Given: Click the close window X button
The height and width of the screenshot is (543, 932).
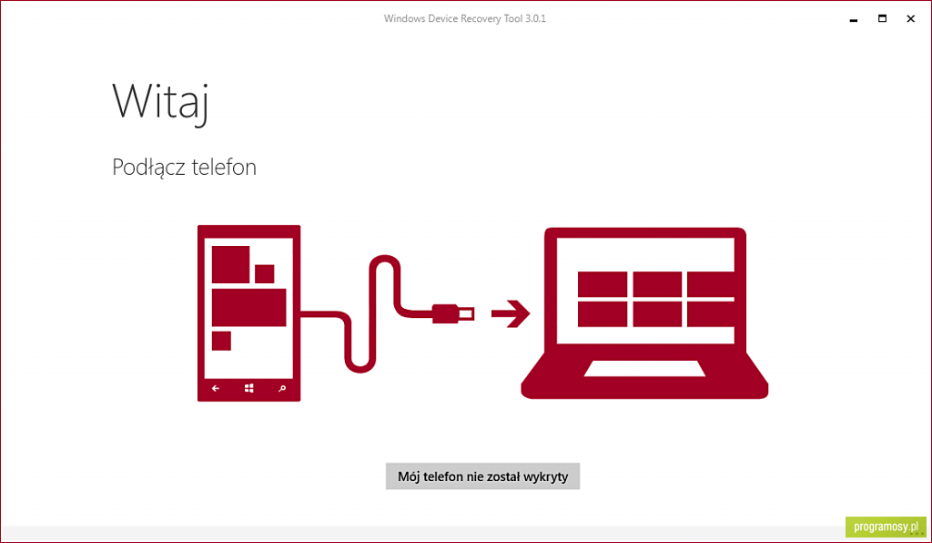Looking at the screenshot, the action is [910, 18].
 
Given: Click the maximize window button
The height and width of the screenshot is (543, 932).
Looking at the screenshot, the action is [882, 18].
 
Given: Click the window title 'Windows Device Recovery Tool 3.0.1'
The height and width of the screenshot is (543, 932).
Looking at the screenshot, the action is [465, 18].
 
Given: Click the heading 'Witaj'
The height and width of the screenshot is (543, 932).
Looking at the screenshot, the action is [160, 102].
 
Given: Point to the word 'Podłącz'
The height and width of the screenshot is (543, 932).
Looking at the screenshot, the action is [148, 167].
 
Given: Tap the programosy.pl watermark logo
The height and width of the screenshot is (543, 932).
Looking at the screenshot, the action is [886, 527].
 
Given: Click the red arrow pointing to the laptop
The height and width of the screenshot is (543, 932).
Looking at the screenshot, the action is [511, 313].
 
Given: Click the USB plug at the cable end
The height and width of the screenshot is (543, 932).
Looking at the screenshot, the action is [453, 313].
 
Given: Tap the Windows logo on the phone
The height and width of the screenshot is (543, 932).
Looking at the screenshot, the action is [249, 388].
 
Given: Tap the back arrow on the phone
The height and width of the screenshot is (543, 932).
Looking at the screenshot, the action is [216, 388].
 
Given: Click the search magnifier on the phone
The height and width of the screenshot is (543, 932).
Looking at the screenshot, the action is [282, 388].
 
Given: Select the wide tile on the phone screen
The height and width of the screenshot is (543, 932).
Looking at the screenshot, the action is [249, 307].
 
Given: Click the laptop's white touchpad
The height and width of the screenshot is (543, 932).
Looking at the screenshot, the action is [644, 369].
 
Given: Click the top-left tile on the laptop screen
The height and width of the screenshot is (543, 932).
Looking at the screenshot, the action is [603, 284].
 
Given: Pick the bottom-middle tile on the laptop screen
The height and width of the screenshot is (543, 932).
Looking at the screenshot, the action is [657, 314].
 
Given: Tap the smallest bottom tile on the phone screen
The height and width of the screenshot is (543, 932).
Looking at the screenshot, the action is [222, 341].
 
